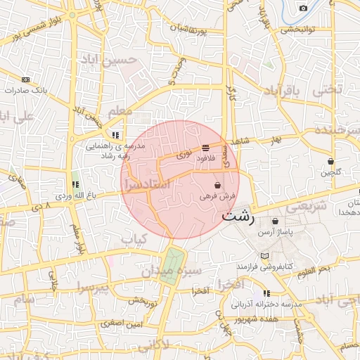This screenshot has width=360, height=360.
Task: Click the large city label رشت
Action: coord(238,217)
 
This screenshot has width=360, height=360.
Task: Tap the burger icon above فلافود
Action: coord(205,148)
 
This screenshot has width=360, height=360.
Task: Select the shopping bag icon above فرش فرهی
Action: coord(217,185)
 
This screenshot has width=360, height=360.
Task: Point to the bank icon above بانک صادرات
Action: coord(27,79)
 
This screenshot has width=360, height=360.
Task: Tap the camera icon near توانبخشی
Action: coord(303,8)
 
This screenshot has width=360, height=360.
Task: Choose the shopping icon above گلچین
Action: coord(330,162)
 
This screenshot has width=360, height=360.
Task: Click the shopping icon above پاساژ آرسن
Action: coord(275,221)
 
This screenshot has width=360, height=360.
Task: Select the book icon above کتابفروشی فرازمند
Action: coord(264,256)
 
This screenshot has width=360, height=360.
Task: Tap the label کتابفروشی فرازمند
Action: coord(264,267)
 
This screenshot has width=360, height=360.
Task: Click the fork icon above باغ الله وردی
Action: coord(75,184)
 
